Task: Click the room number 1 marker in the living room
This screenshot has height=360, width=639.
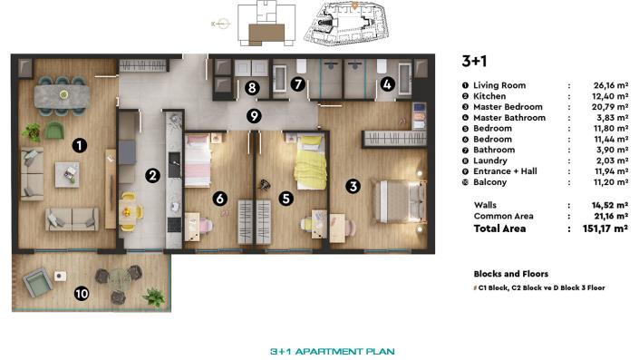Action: tap(80, 144)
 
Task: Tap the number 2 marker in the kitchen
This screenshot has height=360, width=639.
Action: tap(153, 175)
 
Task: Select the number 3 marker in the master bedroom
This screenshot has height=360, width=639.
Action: tap(353, 186)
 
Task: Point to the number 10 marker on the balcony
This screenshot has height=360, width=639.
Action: tap(82, 293)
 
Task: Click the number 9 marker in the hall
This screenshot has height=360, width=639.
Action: tap(254, 115)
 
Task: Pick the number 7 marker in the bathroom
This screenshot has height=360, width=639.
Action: tap(296, 84)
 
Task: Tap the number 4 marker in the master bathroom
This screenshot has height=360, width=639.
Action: tap(387, 84)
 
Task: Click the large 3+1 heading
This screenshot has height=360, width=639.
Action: tap(475, 62)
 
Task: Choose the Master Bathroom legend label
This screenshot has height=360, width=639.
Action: tap(509, 118)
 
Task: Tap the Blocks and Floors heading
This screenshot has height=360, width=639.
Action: tap(510, 273)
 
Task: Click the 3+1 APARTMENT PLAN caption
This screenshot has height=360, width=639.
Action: tap(332, 350)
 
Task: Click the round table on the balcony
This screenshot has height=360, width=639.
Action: tap(121, 283)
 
